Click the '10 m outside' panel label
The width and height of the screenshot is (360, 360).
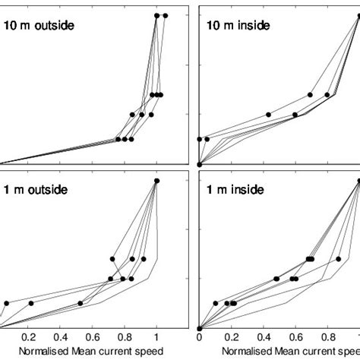[x=39, y=27]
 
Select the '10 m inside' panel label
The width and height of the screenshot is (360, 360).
[x=234, y=27]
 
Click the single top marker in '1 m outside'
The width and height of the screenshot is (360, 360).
[x=156, y=181]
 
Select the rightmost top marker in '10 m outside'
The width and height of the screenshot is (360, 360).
[x=166, y=15]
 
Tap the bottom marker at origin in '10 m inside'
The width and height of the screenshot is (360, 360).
[x=199, y=164]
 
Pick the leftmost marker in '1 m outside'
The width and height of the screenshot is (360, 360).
[x=6, y=303]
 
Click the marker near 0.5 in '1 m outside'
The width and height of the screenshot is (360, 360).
[x=81, y=303]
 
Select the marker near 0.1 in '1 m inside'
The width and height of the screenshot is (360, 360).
[x=215, y=303]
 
